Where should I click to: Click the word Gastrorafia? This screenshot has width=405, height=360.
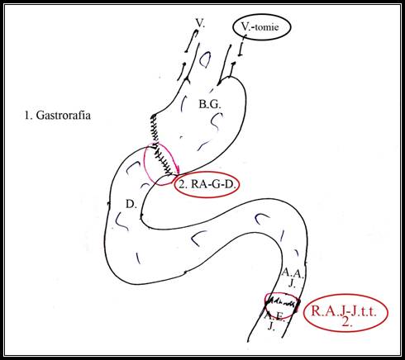coord(63,115)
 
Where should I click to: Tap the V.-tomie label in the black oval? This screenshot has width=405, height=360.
coord(260,27)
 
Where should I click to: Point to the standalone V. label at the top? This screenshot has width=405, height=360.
coord(200,23)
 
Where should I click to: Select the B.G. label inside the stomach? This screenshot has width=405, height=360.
coord(210,104)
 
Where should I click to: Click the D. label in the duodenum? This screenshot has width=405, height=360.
coord(131,204)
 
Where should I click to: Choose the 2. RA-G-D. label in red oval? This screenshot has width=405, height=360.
coord(207,184)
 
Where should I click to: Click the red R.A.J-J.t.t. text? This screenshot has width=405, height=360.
coord(344,311)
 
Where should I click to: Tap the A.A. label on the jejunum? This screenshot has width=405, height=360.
coord(293,273)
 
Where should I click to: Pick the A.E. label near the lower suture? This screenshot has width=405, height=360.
coord(274,316)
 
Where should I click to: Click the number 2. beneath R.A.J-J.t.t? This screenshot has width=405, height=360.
coord(346,322)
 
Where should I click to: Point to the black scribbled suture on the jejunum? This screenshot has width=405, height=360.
coord(282,304)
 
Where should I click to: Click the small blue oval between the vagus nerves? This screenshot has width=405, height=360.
coord(205,59)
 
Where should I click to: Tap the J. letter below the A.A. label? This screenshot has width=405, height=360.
coord(293,283)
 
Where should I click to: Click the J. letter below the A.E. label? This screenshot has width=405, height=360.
coord(272,326)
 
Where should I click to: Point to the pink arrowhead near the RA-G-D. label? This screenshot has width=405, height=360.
coord(178,172)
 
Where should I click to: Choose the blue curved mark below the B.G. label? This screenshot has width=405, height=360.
coord(217,121)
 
